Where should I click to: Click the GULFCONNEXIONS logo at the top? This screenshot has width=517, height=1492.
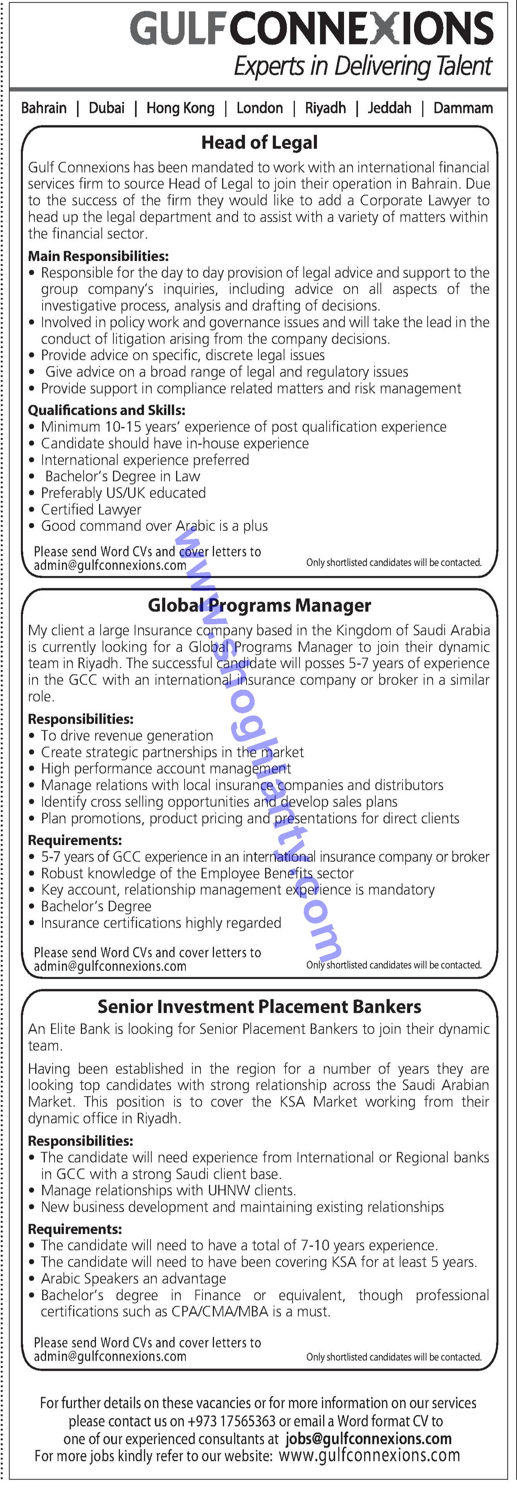(312, 29)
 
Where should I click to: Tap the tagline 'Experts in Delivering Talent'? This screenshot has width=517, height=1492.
(363, 67)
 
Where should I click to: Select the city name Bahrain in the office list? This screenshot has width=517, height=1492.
(44, 108)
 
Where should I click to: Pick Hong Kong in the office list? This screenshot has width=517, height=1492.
(180, 108)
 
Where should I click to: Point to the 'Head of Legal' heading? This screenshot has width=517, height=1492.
(259, 142)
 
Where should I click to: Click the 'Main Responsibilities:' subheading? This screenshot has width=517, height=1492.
(98, 256)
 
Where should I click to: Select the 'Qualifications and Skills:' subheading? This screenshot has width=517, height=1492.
(106, 410)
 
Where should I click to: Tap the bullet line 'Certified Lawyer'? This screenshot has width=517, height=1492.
(91, 510)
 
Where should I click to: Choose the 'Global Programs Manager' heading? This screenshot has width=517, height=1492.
(259, 605)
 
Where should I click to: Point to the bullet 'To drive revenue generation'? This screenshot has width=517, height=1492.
(127, 736)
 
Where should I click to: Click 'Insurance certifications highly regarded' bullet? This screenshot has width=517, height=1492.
(161, 923)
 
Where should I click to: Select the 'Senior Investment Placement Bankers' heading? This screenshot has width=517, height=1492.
(259, 1007)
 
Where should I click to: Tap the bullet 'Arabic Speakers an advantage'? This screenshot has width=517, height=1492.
(133, 1278)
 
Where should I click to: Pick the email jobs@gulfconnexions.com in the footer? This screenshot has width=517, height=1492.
(368, 1438)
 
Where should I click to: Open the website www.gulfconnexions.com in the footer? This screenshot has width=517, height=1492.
(369, 1456)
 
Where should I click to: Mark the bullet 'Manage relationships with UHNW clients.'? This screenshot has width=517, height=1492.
(168, 1190)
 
